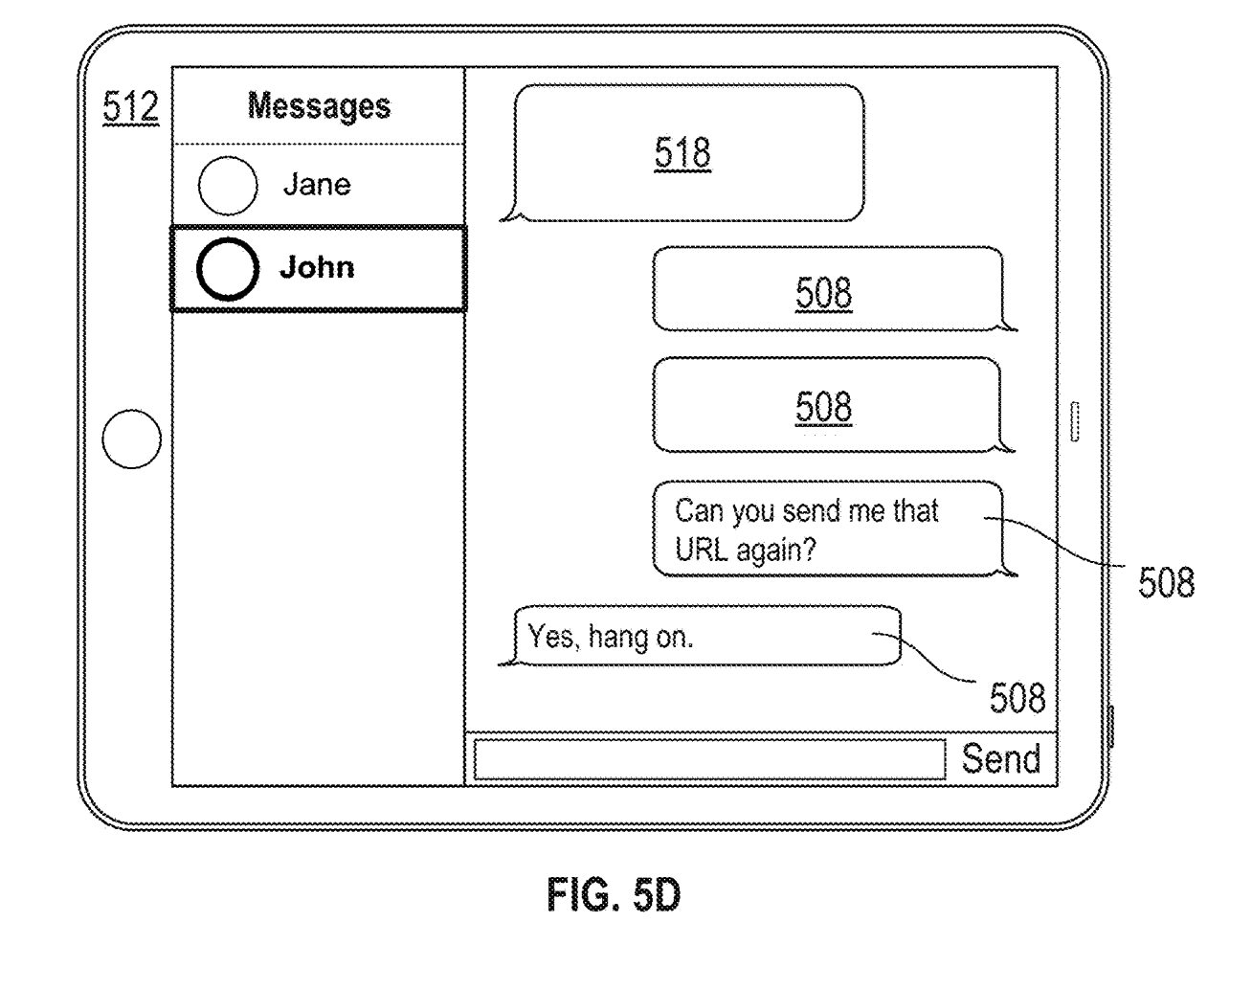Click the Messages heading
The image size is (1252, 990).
point(319,105)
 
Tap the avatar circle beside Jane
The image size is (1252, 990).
point(228,186)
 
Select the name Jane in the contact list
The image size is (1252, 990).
point(317,184)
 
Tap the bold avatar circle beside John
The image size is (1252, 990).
point(228,269)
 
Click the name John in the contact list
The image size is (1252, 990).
point(317,267)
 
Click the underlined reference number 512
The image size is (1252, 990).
point(131,107)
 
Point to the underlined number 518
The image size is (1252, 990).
point(682,153)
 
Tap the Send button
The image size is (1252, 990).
point(1000,759)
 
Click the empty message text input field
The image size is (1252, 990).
point(708,760)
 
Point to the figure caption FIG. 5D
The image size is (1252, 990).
point(614,896)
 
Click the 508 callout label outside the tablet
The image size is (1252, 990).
point(1166,582)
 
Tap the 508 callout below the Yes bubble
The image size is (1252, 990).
point(1017,698)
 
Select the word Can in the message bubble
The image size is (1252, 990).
point(699,511)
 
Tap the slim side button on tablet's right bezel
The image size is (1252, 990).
point(1074,421)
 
